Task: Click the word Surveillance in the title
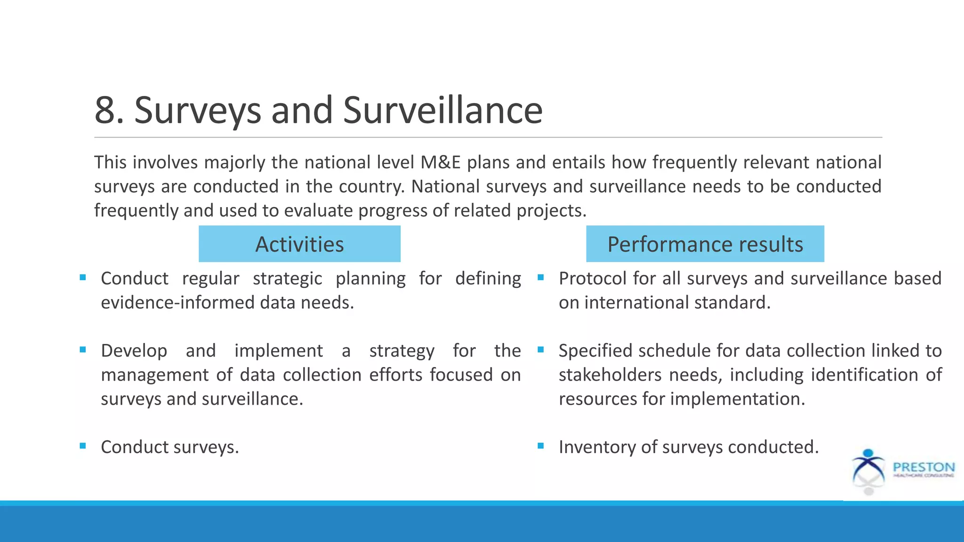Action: pyautogui.click(x=442, y=110)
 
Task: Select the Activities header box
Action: pyautogui.click(x=299, y=244)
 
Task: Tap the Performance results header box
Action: pyautogui.click(x=705, y=244)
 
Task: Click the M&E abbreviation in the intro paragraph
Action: pyautogui.click(x=441, y=162)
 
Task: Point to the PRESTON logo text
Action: pyautogui.click(x=924, y=467)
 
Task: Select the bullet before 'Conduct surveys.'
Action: pyautogui.click(x=83, y=446)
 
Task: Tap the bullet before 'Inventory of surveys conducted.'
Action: pyautogui.click(x=540, y=446)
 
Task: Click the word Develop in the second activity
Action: pyautogui.click(x=134, y=351)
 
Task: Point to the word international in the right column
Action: pyautogui.click(x=637, y=303)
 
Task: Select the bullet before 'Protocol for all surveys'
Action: pyautogui.click(x=540, y=278)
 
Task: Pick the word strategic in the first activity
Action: pyautogui.click(x=287, y=279)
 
